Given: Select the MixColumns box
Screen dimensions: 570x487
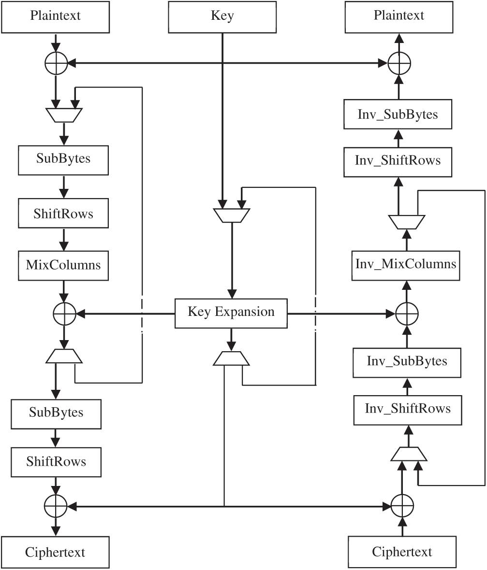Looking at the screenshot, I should [63, 265].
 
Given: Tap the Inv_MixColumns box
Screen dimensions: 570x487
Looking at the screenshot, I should [406, 264].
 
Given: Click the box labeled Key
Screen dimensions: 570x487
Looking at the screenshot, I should [222, 16].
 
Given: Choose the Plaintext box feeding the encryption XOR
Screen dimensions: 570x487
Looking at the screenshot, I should [56, 16].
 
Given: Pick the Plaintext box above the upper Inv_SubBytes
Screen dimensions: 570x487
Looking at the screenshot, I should [399, 16].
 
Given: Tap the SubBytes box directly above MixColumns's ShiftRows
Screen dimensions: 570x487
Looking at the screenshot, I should [63, 159].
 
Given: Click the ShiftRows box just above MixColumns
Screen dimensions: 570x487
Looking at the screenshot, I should [63, 214].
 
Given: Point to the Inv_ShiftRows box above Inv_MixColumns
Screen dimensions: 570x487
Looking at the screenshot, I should [398, 160].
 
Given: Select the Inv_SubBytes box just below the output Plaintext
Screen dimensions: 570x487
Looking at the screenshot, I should [398, 115].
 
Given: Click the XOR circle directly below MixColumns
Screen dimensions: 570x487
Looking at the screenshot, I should [64, 314].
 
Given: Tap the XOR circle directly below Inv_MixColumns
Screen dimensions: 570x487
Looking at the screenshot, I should [407, 314].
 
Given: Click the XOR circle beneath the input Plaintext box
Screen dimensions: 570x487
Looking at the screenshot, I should [56, 63].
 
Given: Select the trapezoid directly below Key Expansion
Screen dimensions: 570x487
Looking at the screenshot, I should [231, 358].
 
